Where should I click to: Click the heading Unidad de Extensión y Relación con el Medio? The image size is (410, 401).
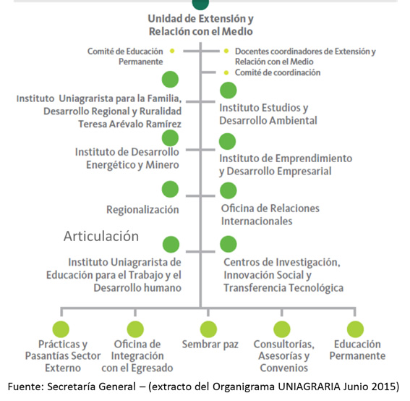[x=200, y=25]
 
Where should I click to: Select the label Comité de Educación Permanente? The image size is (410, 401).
[x=125, y=56]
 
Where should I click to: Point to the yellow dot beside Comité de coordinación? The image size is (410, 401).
[x=226, y=72]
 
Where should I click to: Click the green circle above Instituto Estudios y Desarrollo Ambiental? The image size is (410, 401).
[x=229, y=90]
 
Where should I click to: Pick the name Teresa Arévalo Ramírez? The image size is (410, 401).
[x=130, y=124]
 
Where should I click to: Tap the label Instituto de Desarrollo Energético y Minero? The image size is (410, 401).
[x=127, y=159]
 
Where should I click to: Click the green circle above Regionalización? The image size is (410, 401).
[x=170, y=189]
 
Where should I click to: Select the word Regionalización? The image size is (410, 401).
[x=142, y=210]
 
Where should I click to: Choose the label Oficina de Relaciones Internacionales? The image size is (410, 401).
[x=270, y=215]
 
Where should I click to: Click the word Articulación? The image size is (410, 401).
[x=101, y=236]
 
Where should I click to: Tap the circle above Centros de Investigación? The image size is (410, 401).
[x=229, y=244]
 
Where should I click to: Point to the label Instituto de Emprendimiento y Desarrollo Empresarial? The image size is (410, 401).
[x=286, y=165]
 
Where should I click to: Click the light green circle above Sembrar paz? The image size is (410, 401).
[x=208, y=329]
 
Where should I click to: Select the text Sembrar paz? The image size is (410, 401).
[x=210, y=345]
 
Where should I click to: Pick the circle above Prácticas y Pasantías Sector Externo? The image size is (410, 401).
[x=61, y=329]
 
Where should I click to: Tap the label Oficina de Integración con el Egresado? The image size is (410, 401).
[x=137, y=356]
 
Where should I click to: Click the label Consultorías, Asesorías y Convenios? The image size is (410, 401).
[x=284, y=356]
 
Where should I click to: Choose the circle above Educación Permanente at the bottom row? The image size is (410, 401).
[x=355, y=329]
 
